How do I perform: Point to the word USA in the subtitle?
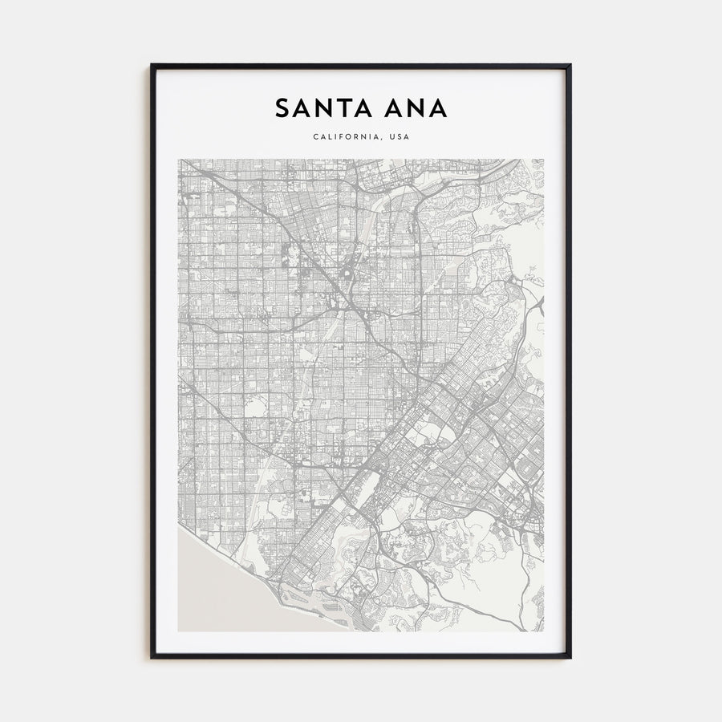click(399, 137)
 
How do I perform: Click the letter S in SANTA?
click(282, 108)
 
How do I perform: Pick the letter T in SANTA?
click(341, 108)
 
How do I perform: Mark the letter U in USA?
click(391, 137)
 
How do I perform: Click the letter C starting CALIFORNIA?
click(315, 137)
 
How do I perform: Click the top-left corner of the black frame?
click(152, 65)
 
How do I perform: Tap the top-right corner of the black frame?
click(570, 65)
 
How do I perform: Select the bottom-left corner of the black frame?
click(152, 658)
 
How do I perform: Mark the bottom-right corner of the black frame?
click(570, 658)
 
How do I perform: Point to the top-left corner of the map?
click(179, 159)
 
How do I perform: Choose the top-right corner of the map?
click(543, 159)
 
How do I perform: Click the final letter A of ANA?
click(437, 108)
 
